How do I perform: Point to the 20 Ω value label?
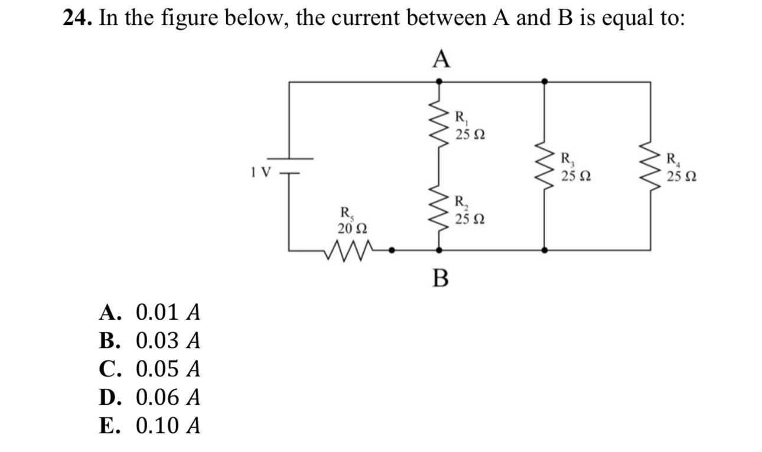pos(353,227)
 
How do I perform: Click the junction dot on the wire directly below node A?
pos(438,82)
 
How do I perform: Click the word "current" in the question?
pos(336,19)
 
